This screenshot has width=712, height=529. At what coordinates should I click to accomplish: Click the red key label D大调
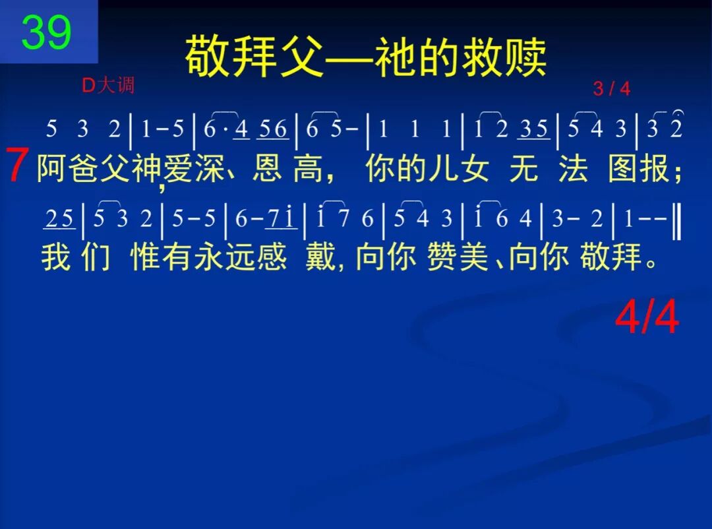click(107, 85)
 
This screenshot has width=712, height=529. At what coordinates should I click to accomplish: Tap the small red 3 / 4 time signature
click(611, 89)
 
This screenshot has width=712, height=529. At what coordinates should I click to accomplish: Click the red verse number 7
click(18, 166)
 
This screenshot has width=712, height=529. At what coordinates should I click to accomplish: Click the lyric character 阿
click(53, 169)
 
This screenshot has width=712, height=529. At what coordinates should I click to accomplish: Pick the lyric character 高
click(308, 169)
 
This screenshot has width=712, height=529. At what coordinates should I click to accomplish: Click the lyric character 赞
click(440, 257)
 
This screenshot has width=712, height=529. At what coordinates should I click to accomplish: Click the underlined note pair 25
click(60, 220)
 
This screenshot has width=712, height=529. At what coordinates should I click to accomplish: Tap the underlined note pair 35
click(534, 129)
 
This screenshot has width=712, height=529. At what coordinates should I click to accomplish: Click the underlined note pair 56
click(273, 129)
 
